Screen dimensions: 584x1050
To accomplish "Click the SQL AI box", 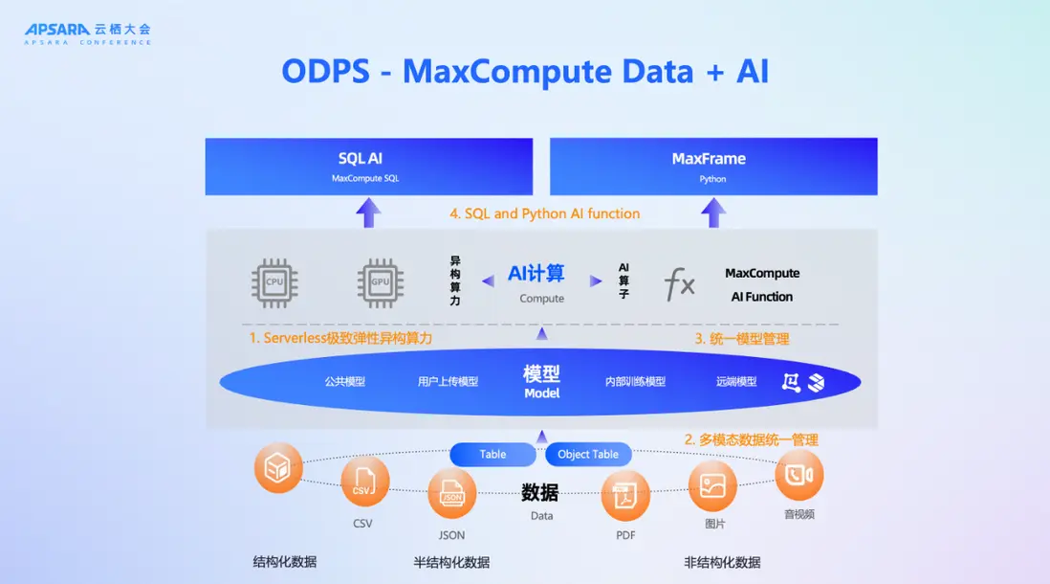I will (369, 167).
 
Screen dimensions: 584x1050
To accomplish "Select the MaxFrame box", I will (713, 167).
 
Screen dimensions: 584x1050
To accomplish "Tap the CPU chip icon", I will (274, 282).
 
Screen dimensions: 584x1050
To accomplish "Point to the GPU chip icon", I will (380, 282).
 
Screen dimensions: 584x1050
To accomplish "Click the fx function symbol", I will (680, 284).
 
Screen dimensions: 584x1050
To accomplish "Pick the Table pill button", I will (492, 454).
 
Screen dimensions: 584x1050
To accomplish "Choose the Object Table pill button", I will (588, 454).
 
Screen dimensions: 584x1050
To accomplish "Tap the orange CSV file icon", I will (364, 481).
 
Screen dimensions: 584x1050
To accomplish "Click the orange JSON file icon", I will (451, 493).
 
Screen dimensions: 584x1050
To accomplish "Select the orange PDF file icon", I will (625, 495).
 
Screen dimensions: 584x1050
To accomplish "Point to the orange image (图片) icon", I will (713, 485).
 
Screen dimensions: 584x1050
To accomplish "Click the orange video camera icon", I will (798, 475).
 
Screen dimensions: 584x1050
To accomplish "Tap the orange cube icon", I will (278, 468).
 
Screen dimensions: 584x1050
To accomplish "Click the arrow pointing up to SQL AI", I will (369, 213).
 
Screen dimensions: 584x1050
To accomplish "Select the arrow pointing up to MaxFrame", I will (713, 213).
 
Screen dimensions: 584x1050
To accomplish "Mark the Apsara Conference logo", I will (87, 34).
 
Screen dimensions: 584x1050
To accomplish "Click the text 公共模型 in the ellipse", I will (344, 382).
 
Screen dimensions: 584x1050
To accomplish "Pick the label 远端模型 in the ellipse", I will (736, 382).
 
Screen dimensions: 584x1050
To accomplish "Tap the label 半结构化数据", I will (451, 562).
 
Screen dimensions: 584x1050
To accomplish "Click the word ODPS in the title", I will (326, 73).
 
